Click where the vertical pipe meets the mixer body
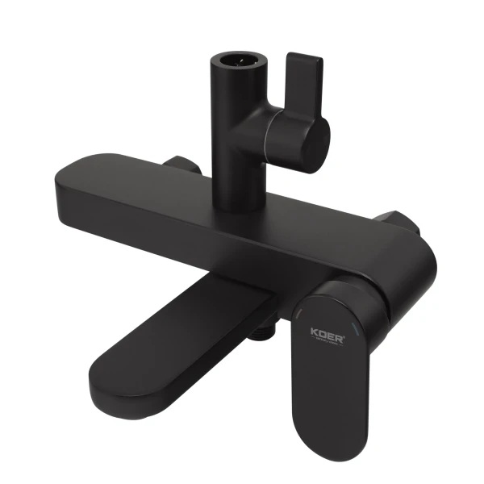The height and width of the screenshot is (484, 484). [238, 203]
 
